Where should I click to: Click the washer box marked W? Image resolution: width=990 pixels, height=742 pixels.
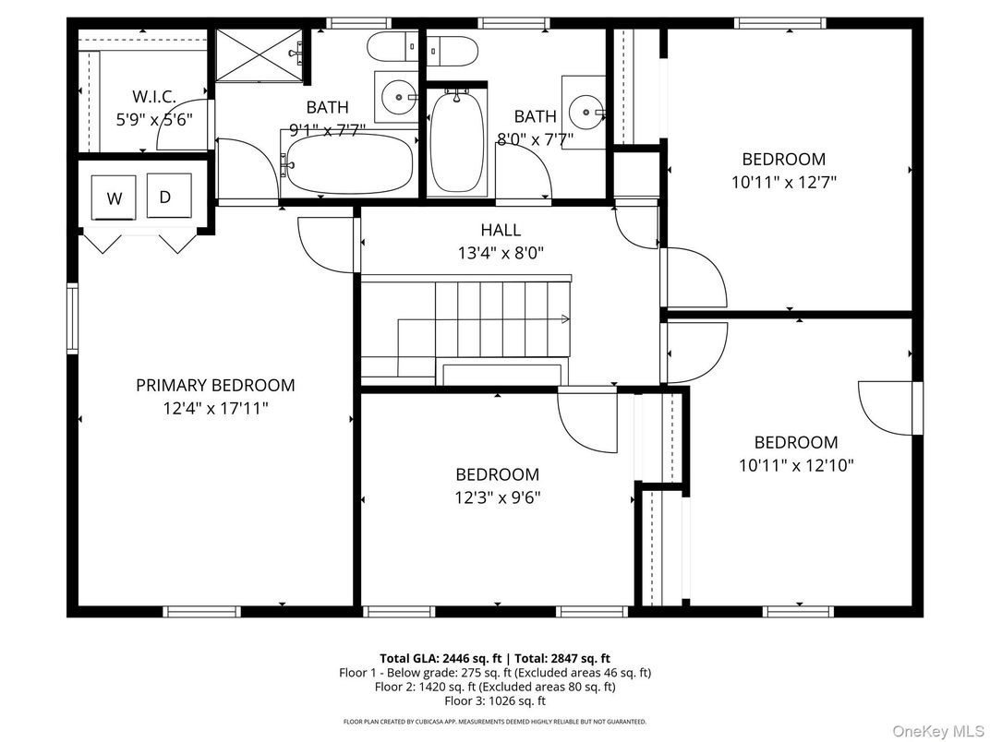point(115,197)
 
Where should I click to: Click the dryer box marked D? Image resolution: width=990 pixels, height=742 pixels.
point(167,196)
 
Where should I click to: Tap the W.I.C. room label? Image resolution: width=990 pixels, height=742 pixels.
point(153,96)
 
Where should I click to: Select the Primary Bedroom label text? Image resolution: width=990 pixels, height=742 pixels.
point(215,385)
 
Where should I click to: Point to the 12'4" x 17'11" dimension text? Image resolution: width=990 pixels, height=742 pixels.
point(215,407)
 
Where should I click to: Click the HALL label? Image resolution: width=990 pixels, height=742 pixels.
point(500,230)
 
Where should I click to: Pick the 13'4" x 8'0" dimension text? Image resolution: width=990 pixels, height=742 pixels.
point(500,252)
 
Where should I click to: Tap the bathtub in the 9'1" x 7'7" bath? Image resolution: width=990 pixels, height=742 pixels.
point(347,163)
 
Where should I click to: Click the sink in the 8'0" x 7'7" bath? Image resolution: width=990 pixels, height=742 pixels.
point(584,113)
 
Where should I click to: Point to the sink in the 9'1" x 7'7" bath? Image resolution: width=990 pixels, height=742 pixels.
point(398,94)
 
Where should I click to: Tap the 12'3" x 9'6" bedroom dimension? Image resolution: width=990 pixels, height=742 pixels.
point(497,497)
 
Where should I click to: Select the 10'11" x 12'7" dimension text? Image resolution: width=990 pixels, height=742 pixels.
point(783,183)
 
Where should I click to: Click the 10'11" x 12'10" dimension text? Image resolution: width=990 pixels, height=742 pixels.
point(795,466)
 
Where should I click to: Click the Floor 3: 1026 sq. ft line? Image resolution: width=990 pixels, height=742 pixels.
point(495,700)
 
